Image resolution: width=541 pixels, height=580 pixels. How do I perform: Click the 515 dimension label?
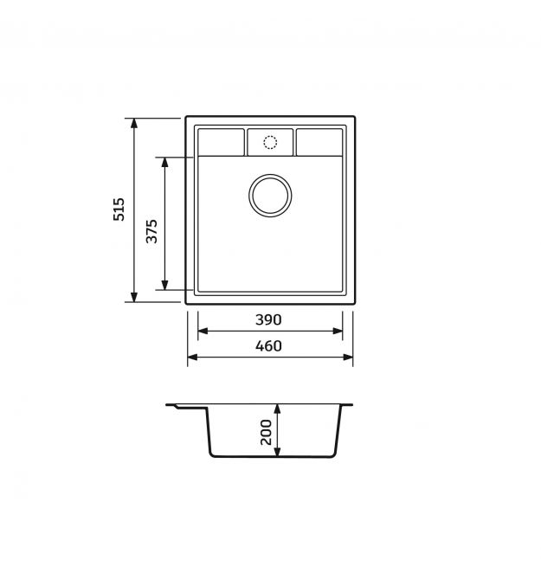click(x=119, y=209)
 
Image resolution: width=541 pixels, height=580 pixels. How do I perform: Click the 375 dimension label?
click(x=151, y=231)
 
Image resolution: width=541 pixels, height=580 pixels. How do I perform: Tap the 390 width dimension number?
click(x=268, y=319)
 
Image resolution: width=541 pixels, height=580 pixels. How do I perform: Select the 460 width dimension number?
click(x=268, y=346)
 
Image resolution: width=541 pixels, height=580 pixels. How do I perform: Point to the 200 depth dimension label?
click(x=266, y=432)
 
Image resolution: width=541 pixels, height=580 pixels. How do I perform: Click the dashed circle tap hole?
click(x=270, y=142)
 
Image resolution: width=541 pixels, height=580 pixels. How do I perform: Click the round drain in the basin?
click(x=270, y=196)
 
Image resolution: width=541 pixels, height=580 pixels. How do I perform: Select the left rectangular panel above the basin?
click(x=221, y=142)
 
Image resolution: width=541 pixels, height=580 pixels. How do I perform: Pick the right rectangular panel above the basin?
click(x=319, y=142)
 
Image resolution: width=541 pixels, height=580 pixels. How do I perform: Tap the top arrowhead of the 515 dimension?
click(x=134, y=123)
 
